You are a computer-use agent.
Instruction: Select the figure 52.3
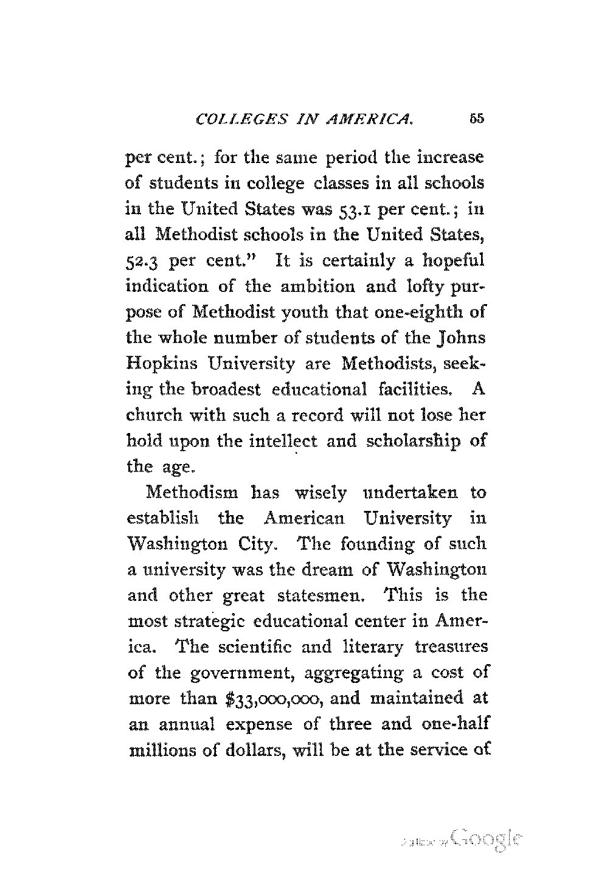[x=145, y=261]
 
